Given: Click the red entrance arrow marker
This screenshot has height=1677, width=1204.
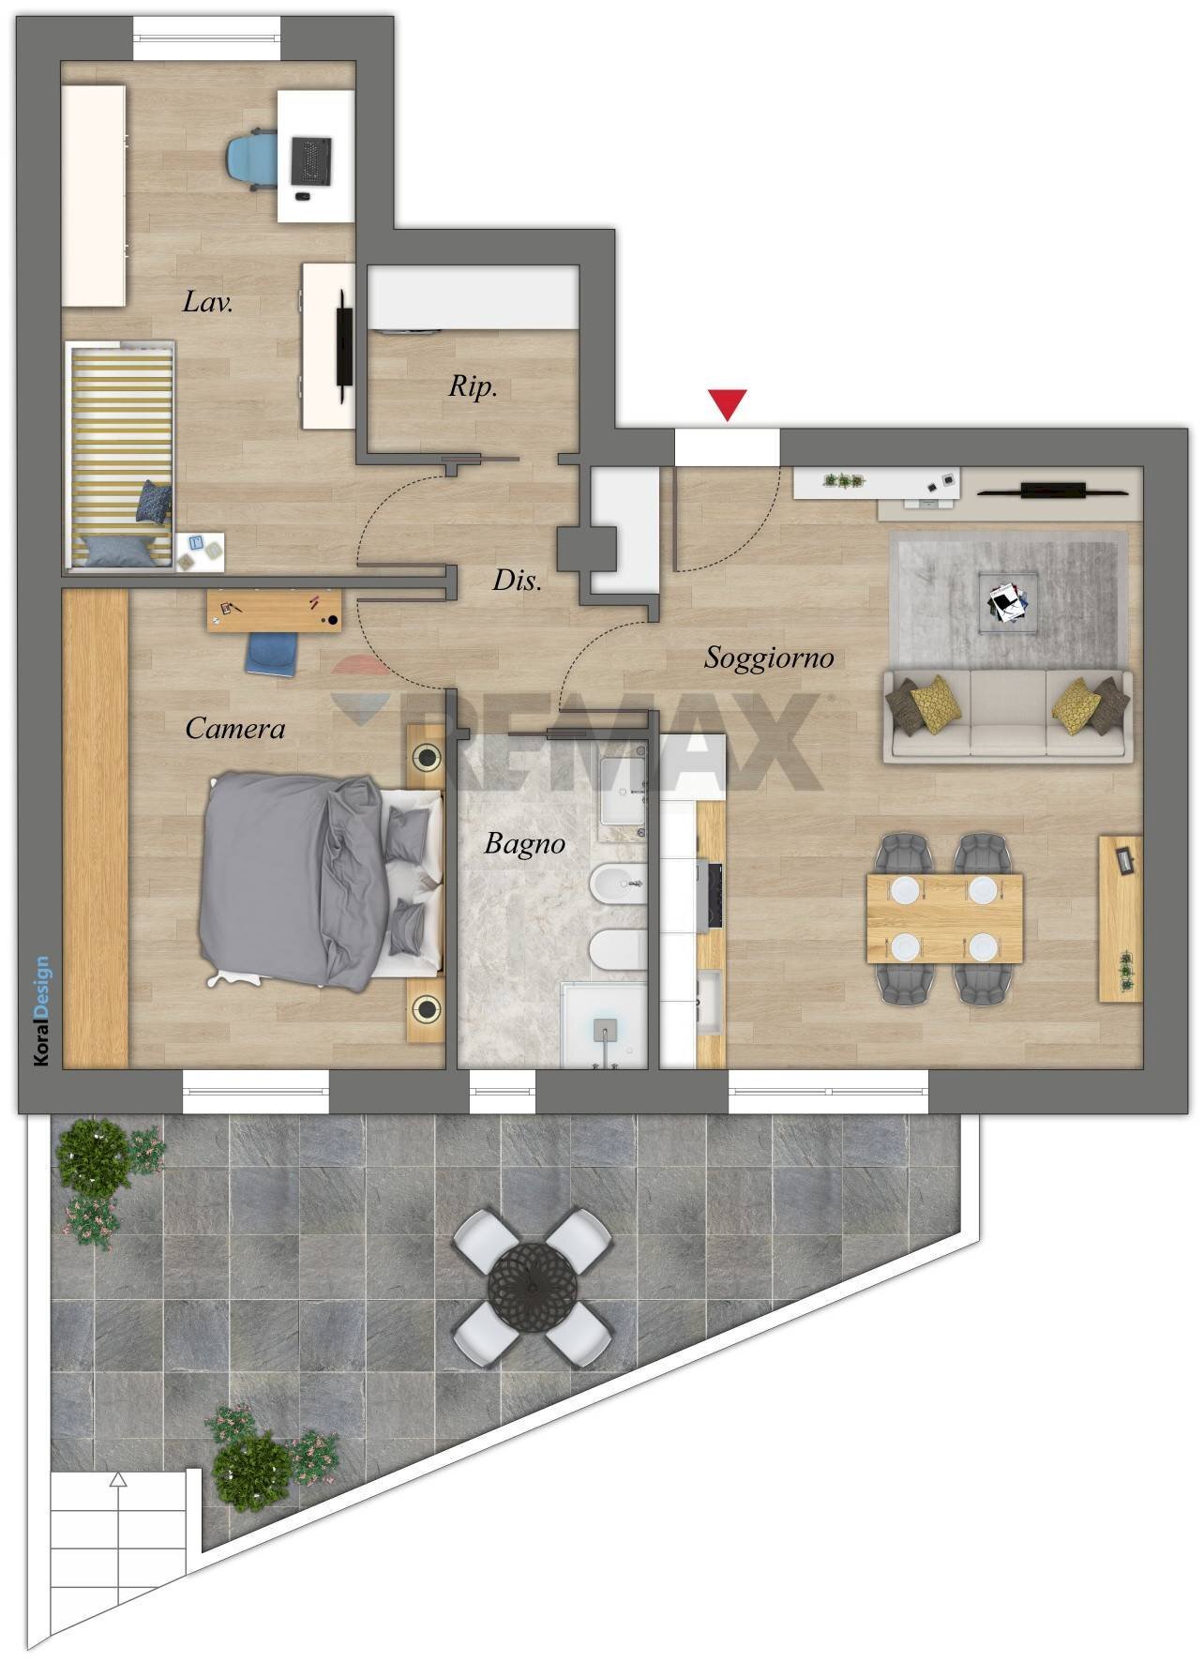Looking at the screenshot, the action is pos(728,404).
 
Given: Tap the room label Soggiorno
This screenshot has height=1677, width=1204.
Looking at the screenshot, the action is pos(769,658).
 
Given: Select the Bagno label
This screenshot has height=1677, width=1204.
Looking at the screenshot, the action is pos(525,844).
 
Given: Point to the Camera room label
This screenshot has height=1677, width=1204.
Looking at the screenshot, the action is pos(234,728).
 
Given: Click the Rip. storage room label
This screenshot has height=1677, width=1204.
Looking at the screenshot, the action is pos(473,386).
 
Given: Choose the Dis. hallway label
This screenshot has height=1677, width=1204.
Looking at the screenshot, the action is pos(518,581).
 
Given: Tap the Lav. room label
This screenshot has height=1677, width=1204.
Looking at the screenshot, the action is pos(208,301).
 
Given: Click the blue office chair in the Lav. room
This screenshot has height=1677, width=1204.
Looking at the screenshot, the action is pos(253,160).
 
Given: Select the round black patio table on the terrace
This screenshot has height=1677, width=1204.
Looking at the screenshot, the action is pos(532,1286).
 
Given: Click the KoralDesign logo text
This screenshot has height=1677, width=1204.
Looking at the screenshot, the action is pos(41,1011).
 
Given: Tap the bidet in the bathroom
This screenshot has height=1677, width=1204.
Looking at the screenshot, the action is pos(619,883).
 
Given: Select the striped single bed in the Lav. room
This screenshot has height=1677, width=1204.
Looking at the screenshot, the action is pos(120,456).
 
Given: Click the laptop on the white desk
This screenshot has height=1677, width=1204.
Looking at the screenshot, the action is pos(311,160).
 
